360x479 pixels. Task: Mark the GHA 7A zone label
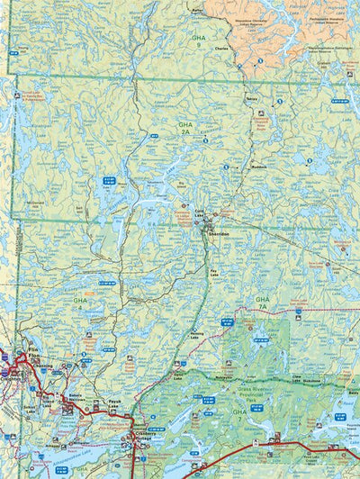coord(263,302)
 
